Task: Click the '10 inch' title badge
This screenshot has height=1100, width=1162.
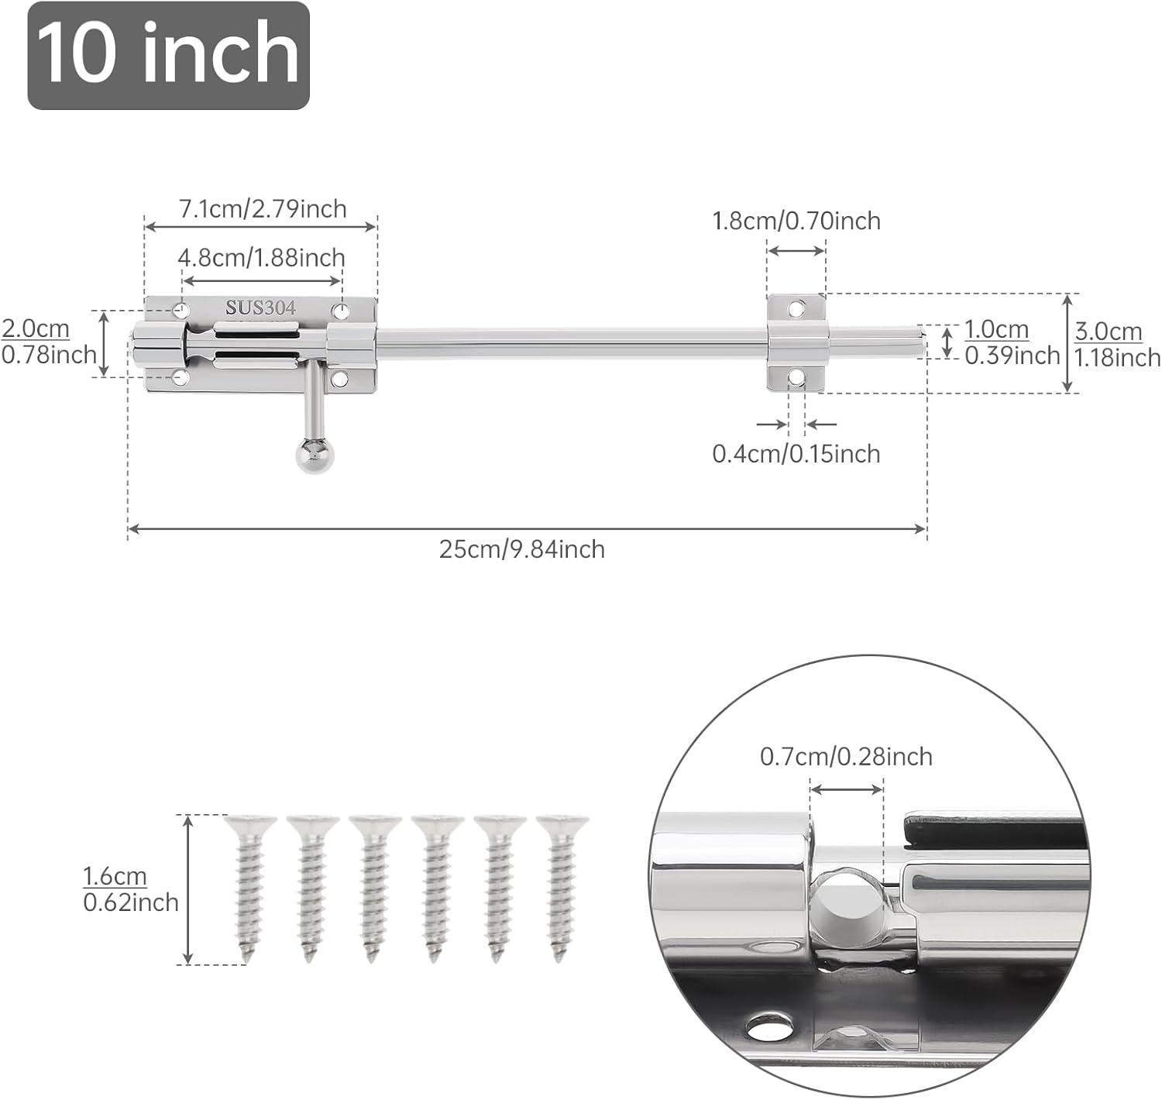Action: [x=168, y=55]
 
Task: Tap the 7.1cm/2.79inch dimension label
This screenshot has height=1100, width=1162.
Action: [x=263, y=209]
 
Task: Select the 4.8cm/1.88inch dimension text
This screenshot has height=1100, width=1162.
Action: [x=261, y=258]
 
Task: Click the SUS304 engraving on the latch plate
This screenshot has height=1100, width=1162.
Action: [x=260, y=308]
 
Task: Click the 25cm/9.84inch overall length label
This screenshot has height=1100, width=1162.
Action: [x=521, y=549]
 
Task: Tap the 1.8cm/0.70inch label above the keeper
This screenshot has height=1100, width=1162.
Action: [x=796, y=221]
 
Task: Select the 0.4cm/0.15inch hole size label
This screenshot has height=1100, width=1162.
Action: [x=796, y=454]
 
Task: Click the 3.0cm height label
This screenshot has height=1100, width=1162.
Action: [x=1108, y=332]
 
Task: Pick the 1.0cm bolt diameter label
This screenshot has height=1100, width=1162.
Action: [x=996, y=329]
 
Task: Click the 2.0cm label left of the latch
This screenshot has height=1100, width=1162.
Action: [x=36, y=328]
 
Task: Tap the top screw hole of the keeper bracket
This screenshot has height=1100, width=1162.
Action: [x=796, y=309]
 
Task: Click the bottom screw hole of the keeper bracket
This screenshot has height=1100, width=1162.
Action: [x=796, y=377]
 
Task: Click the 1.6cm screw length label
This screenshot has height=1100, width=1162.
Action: [x=115, y=876]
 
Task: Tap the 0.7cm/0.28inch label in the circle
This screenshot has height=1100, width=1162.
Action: [x=846, y=757]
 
